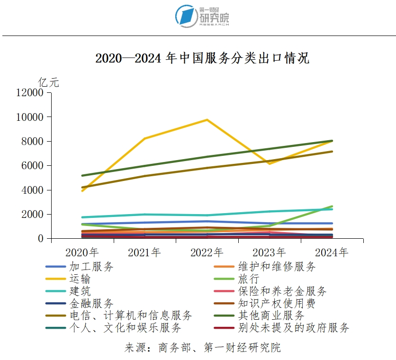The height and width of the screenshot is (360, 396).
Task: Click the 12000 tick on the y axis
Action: coord(30,93)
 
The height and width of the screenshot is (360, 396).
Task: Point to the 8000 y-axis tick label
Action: coord(33,141)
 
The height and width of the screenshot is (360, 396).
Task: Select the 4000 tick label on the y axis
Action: coord(33,190)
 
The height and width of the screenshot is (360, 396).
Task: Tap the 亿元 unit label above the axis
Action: coord(49,82)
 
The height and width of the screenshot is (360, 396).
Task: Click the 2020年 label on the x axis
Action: coord(82,252)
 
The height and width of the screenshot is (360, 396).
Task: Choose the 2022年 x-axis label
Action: coord(207,252)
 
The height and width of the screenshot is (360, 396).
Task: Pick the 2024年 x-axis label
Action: coord(332,252)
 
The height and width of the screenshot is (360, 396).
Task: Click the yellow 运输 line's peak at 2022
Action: coord(207,120)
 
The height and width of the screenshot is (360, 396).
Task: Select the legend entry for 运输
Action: coord(80,279)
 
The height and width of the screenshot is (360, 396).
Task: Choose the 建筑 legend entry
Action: coord(80,291)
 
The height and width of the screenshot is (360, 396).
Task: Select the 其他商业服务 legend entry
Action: coord(271,315)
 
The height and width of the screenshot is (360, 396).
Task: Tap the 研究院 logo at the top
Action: coord(202,17)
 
